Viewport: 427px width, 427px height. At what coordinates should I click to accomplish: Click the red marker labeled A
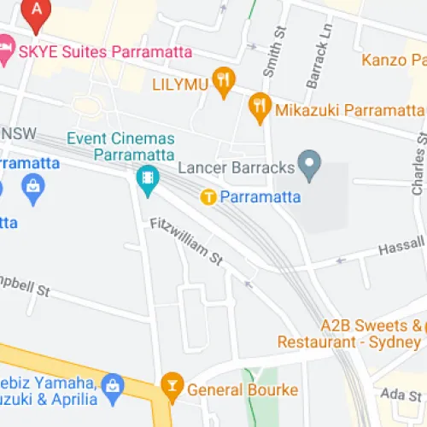click(37, 9)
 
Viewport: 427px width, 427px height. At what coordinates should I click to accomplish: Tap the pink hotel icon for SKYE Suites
click(5, 50)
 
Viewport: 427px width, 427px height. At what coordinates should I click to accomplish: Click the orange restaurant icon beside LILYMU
click(224, 80)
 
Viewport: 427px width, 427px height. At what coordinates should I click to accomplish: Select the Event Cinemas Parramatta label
click(121, 146)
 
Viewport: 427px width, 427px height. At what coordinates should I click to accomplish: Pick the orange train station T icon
click(208, 197)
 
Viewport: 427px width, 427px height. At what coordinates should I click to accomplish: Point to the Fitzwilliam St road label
click(185, 243)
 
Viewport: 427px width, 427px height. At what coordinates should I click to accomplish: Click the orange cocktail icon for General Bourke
click(172, 389)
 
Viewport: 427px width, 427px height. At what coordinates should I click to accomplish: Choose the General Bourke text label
click(243, 390)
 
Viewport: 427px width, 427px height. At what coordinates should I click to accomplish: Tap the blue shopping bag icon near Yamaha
click(112, 389)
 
